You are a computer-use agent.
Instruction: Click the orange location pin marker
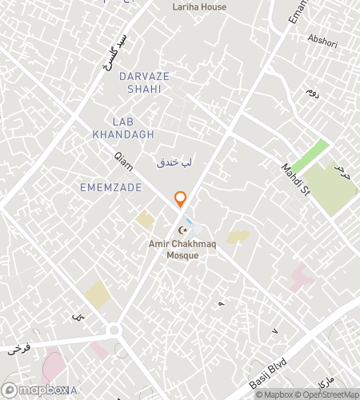pos(181,199)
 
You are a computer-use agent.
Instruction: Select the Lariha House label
pos(199,7)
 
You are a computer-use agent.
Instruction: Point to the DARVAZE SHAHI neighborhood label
pos(145,82)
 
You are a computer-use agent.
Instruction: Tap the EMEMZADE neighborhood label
pos(111,187)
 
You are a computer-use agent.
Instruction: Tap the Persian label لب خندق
pos(175,162)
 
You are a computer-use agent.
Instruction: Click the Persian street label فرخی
pos(18,349)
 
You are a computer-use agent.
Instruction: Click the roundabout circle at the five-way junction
pos(114,330)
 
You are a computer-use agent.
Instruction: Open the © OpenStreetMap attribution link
pos(326,394)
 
